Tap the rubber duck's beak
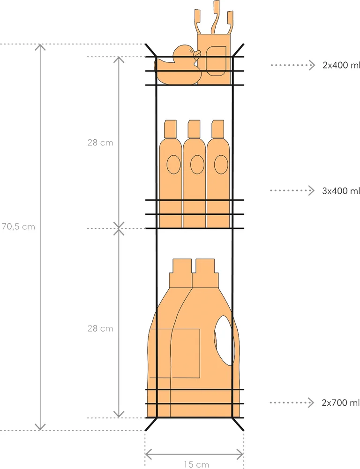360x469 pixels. click(x=197, y=53)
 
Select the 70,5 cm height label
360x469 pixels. click(x=18, y=227)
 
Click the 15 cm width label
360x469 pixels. click(x=196, y=464)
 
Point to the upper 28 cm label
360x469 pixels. click(x=100, y=143)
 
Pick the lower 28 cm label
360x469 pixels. click(x=100, y=328)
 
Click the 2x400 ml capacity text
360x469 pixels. click(x=341, y=65)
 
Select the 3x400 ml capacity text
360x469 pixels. click(x=341, y=191)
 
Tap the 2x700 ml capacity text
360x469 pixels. click(x=341, y=402)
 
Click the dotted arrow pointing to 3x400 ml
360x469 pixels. click(x=292, y=190)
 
